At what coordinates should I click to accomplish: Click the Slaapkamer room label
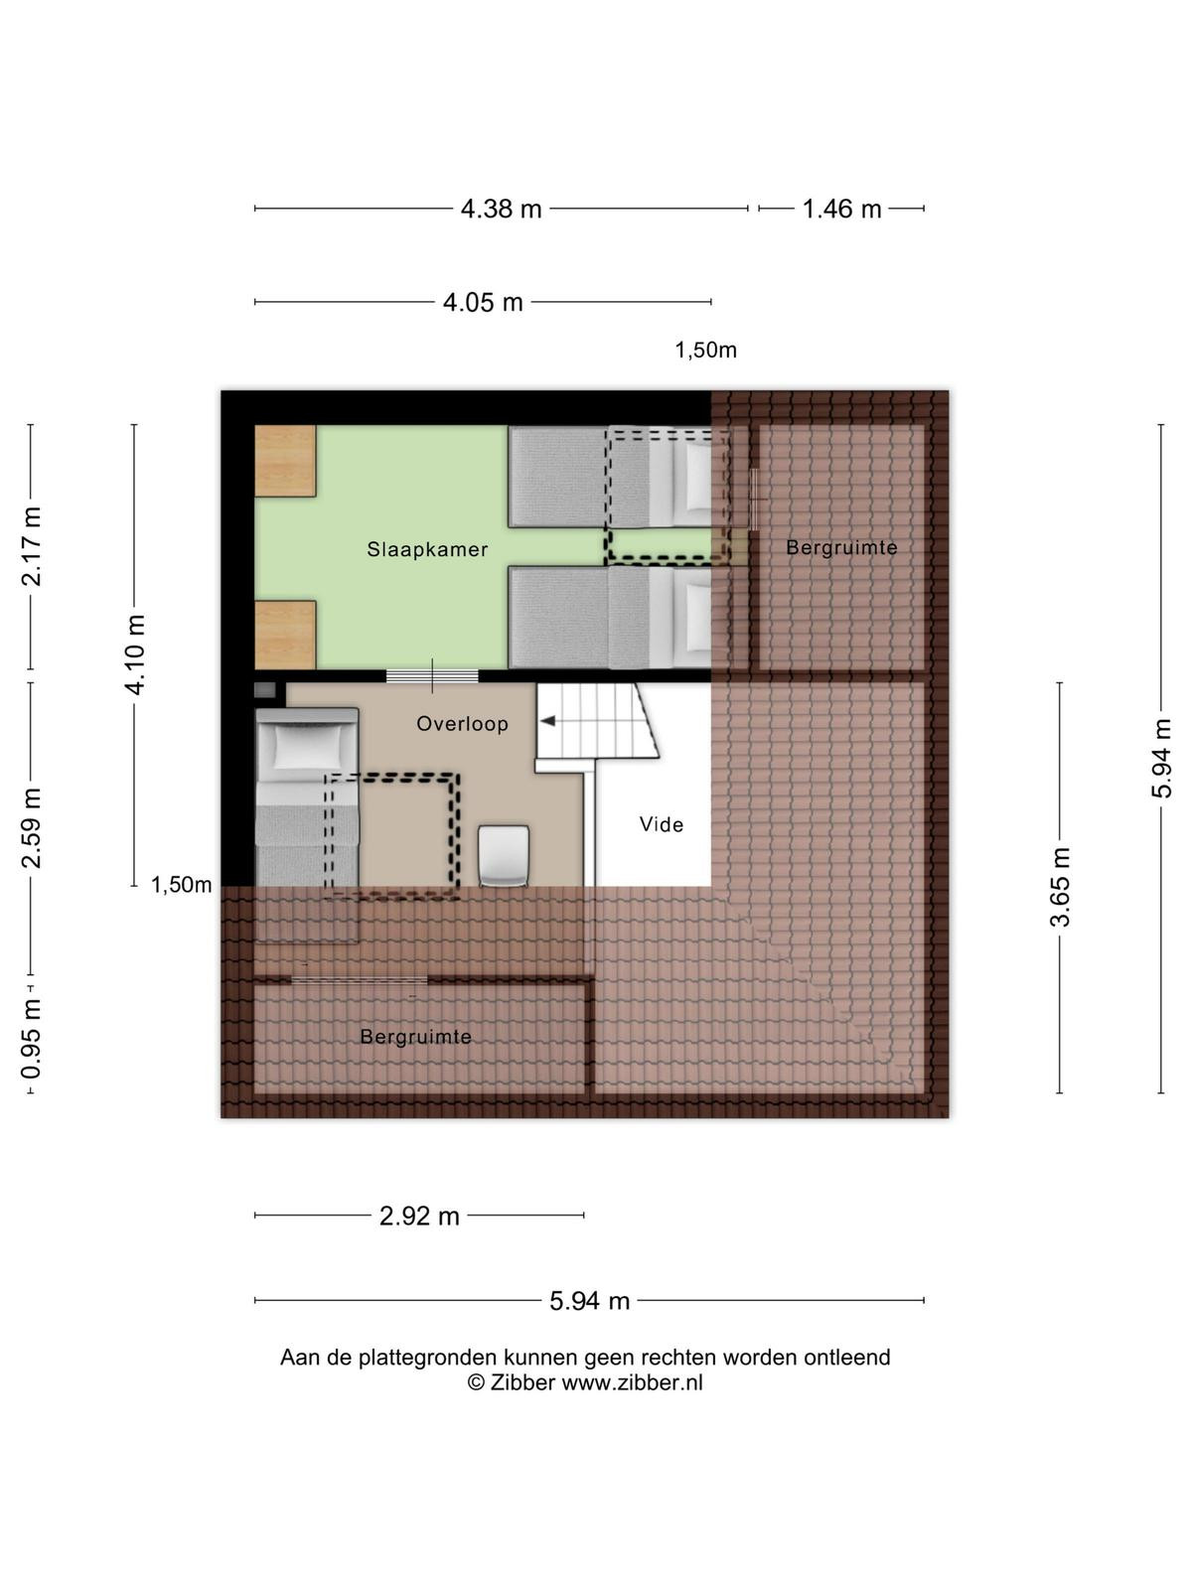pos(427,549)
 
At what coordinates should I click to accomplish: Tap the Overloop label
pos(463,723)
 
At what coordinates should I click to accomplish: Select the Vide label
pos(662,824)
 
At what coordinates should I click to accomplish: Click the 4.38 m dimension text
pos(502,210)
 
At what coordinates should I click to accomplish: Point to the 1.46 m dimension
pos(841,210)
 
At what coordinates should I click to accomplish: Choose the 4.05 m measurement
pos(483,302)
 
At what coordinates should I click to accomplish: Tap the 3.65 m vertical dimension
pos(1060,887)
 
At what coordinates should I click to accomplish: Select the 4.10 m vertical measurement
pos(135,655)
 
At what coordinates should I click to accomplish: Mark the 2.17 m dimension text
pos(31,546)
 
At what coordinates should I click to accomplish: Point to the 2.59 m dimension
pos(31,828)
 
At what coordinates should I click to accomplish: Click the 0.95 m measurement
pos(31,1038)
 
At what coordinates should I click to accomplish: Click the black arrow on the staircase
pos(548,721)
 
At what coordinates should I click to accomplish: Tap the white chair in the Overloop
pos(504,856)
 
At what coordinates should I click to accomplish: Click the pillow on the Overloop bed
pos(308,747)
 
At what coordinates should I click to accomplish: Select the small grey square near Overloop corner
pos(265,690)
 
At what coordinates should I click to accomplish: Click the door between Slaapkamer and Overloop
pos(432,676)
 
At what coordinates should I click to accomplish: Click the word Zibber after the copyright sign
pos(522,1382)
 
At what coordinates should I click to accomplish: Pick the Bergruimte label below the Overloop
pos(416,1038)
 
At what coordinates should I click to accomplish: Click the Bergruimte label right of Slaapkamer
pos(841,547)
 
